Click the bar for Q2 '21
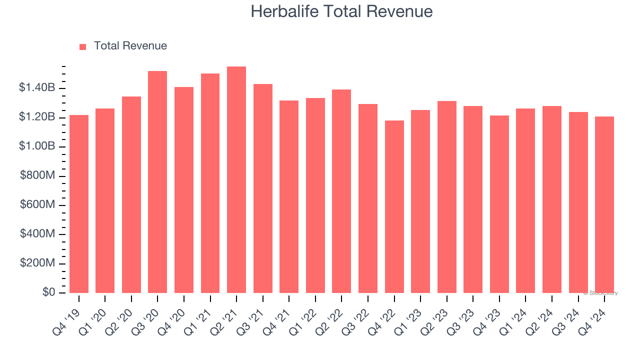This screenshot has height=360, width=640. pyautogui.click(x=236, y=180)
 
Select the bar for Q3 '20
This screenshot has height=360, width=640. pyautogui.click(x=157, y=182)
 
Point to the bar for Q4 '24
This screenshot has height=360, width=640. pyautogui.click(x=604, y=204)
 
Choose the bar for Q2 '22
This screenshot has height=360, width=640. pyautogui.click(x=341, y=191)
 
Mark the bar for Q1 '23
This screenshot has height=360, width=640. pyautogui.click(x=420, y=201)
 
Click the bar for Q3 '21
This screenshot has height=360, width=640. pyautogui.click(x=263, y=188)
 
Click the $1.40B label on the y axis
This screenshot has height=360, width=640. pyautogui.click(x=37, y=88)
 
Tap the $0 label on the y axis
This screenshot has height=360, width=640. pyautogui.click(x=48, y=292)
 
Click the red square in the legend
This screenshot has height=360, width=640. pyautogui.click(x=83, y=46)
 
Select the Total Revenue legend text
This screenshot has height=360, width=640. pyautogui.click(x=130, y=46)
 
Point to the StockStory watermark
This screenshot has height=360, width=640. pyautogui.click(x=600, y=293)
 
